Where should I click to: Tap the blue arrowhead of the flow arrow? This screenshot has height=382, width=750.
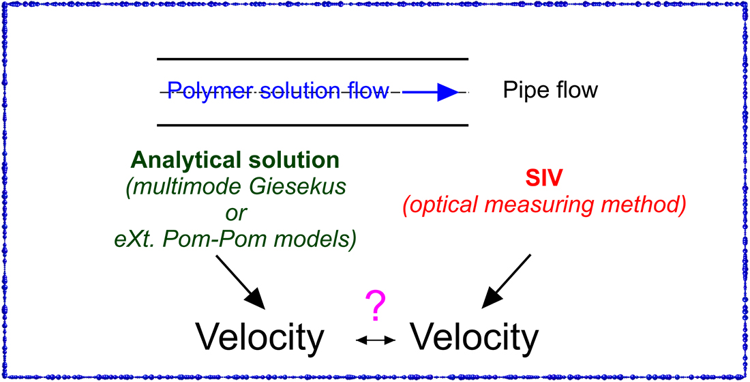[449, 91]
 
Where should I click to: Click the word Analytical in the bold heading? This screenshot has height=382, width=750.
[181, 160]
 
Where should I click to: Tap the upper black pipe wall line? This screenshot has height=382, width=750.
[312, 59]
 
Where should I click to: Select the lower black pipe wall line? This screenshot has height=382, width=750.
[312, 126]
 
